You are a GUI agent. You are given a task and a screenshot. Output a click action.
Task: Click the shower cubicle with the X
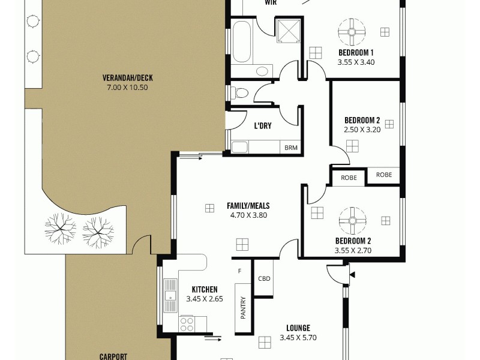287,29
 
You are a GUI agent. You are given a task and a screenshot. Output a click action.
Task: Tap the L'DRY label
263,126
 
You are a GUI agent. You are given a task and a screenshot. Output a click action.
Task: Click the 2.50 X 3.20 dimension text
362,129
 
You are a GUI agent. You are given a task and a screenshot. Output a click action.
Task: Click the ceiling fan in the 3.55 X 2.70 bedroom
352,221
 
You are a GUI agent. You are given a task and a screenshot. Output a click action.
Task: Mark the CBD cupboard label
264,278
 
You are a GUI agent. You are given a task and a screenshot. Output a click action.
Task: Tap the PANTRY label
244,308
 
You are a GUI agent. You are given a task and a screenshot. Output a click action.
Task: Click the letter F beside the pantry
239,271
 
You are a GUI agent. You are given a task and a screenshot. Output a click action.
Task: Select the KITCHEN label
205,289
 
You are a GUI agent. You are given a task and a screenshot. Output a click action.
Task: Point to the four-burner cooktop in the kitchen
187,324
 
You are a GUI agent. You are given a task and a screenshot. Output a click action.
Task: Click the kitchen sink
170,294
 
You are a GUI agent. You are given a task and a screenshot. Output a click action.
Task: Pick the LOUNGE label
298,328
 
